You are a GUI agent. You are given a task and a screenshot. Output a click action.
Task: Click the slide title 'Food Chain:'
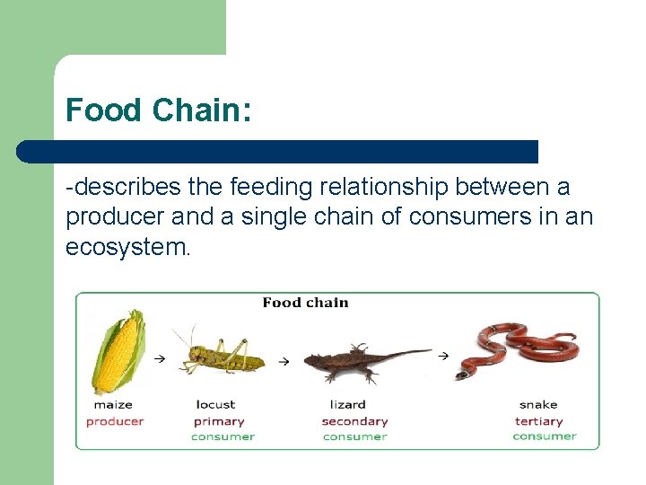tap(158, 110)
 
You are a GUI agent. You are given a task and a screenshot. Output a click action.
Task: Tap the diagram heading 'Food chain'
tap(305, 303)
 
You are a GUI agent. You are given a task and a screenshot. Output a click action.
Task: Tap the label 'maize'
tap(113, 405)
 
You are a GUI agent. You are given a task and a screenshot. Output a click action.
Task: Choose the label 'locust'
tap(215, 405)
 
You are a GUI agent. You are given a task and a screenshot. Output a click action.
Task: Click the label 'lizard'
tap(347, 405)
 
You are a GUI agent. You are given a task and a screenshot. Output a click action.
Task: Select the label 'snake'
tap(537, 405)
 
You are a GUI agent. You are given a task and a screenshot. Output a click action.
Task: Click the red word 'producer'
tap(115, 421)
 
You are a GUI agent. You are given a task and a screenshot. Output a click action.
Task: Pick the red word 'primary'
tap(219, 421)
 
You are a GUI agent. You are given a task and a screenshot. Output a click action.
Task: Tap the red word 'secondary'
tap(354, 421)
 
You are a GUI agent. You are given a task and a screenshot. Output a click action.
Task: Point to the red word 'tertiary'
tap(539, 421)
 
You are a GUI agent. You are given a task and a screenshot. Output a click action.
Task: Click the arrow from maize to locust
tap(159, 358)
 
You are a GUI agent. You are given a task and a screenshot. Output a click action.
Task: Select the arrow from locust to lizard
tap(284, 361)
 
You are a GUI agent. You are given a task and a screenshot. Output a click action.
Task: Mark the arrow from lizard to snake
tap(442, 356)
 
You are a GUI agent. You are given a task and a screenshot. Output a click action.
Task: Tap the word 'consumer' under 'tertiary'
tap(544, 436)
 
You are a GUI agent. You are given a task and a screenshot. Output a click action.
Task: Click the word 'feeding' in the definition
tap(267, 188)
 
